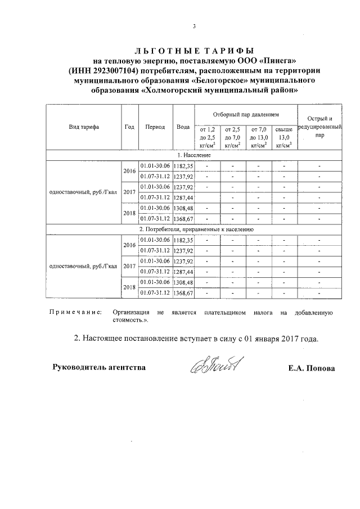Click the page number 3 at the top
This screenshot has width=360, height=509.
coord(193,26)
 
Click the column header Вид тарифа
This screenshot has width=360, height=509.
coord(84,127)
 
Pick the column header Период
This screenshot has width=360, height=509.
coord(155,127)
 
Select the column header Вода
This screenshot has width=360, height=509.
coord(183,127)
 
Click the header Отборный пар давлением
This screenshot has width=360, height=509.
coord(245,114)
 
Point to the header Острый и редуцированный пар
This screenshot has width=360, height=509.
coord(319,127)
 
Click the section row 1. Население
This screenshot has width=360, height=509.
coord(194,155)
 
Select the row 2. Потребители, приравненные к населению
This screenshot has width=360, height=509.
coord(197,229)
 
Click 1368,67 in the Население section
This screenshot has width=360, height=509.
coord(184,219)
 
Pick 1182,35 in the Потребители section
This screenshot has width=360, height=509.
coord(184,240)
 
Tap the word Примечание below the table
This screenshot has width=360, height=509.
coord(74,312)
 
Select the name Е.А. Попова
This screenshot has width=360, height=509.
coord(311,368)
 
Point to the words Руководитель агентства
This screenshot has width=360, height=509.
coord(99,368)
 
